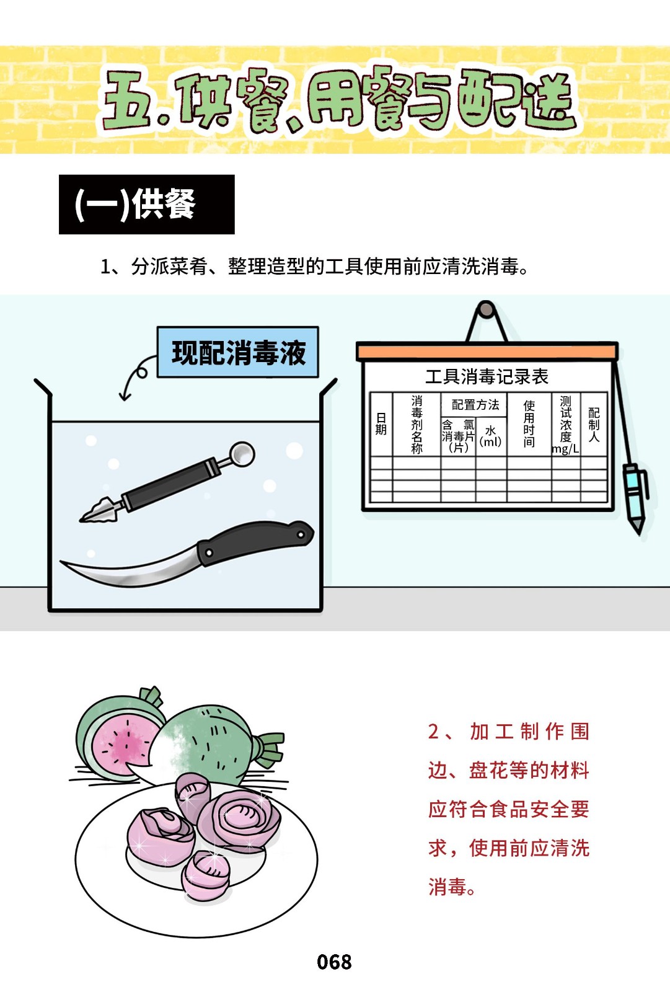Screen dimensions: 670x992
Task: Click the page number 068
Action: pos(334,962)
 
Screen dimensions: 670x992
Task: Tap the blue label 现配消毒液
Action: pos(238,352)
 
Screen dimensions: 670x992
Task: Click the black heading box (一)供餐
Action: pos(146,204)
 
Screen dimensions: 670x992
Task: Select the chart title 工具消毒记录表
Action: pos(487,376)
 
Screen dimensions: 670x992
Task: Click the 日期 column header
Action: pos(381,424)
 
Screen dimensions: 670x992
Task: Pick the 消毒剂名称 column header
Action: pos(417,425)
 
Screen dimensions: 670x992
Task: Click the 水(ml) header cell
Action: pos(491,436)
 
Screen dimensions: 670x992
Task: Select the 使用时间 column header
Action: pos(529,424)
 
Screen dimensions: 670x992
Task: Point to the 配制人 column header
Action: pos(594,425)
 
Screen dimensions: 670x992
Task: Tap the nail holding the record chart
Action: pos(486,309)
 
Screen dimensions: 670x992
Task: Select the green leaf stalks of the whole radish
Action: pos(269,748)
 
